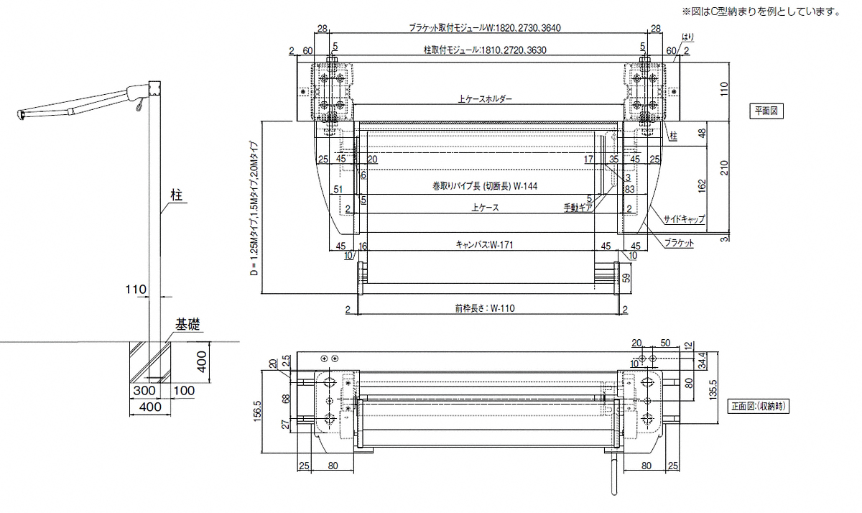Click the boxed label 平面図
[766, 111]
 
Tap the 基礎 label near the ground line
[186, 325]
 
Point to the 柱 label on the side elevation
[175, 194]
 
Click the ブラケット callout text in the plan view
[679, 244]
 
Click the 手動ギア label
[578, 208]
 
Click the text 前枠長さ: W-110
[485, 309]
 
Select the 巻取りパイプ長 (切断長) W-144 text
[485, 186]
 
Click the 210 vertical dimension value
[723, 168]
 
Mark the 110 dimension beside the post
[136, 290]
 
